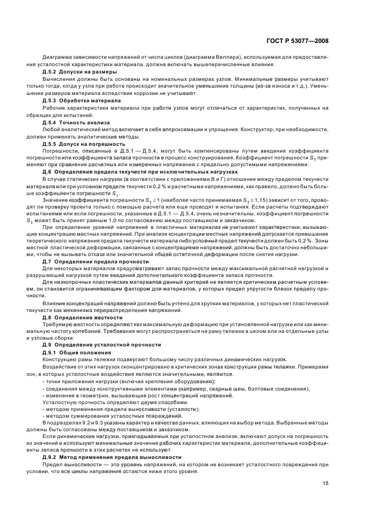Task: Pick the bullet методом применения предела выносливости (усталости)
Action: point(121,409)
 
